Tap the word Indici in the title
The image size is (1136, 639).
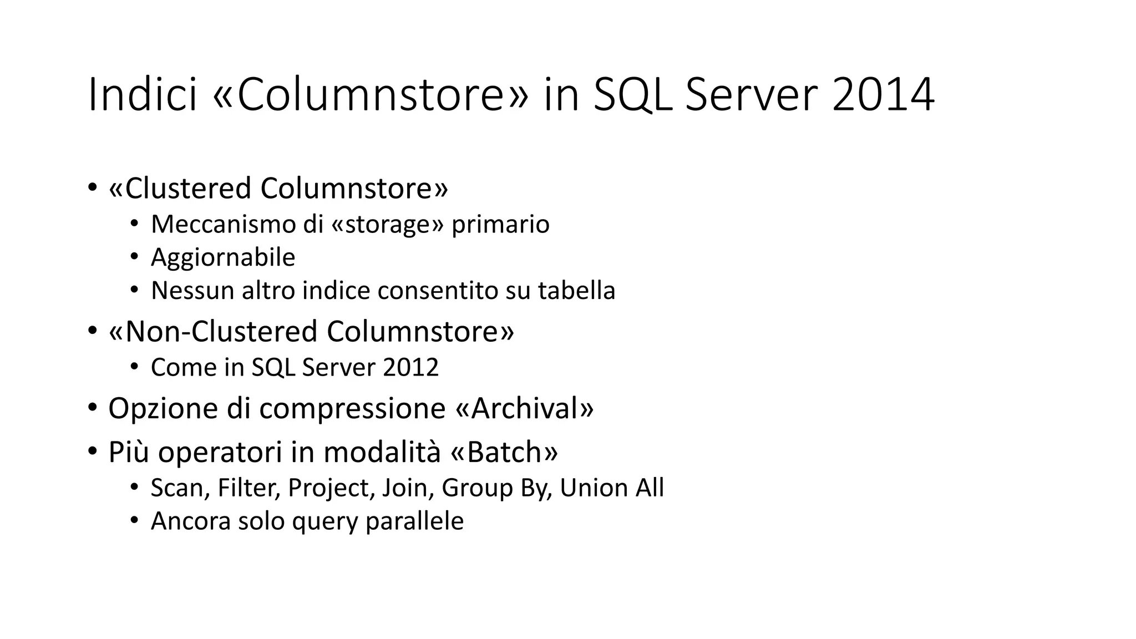pos(143,95)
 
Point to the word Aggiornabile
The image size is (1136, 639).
pos(223,257)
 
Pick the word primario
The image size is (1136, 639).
pos(500,224)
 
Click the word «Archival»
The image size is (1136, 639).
pos(524,408)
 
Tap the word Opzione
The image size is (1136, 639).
pos(163,408)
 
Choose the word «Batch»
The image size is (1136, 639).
pos(504,452)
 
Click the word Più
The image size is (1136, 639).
pos(129,452)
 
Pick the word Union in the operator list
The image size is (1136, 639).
pos(592,488)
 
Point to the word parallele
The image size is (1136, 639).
pos(414,521)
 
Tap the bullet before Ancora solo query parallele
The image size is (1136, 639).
pos(134,521)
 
